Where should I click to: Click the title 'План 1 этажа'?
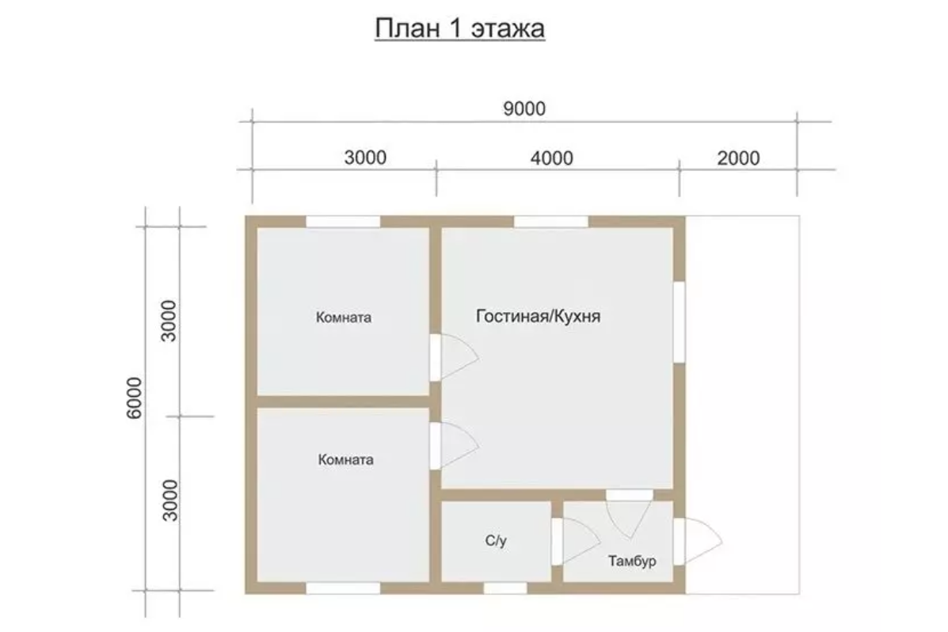point(459,29)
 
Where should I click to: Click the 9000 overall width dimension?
point(524,109)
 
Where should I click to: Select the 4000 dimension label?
point(551,158)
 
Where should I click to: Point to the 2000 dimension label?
point(738,158)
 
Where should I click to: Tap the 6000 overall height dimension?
point(134,398)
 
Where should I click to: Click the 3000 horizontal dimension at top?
point(365,158)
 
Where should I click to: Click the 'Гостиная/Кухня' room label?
point(538,316)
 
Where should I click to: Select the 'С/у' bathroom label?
point(496,541)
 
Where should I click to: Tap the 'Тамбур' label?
point(632,562)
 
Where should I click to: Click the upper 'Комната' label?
point(344,318)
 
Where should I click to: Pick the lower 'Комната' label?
point(346,459)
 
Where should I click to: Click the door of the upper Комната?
point(455,357)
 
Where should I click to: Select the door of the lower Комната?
point(455,446)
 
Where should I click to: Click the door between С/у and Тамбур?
point(576,542)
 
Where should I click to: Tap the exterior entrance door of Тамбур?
point(698,542)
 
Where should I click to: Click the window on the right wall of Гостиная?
point(680,322)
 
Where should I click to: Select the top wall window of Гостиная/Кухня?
point(550,221)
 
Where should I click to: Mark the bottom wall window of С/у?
point(504,588)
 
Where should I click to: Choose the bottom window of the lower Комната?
point(343,588)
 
